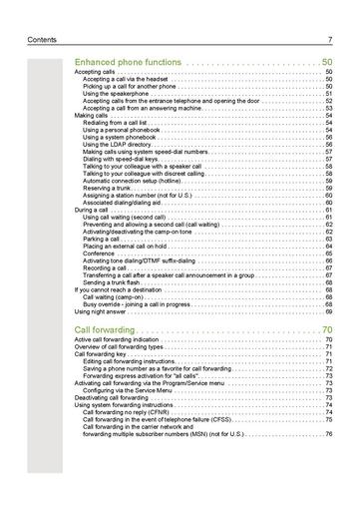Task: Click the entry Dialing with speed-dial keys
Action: click(121, 158)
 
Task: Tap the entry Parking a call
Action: click(104, 239)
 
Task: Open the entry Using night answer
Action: click(103, 311)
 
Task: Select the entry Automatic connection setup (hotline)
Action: click(141, 180)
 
